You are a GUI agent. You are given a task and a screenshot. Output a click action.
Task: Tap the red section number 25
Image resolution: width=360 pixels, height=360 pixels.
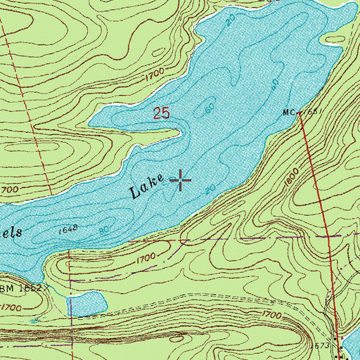pos(161,112)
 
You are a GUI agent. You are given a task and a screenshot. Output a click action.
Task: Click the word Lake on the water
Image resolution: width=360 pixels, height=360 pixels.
pos(148,187)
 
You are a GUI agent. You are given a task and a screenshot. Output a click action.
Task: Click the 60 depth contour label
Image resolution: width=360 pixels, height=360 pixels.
pos(208,110)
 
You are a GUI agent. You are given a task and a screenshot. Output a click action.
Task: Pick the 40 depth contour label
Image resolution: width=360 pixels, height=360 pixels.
pos(274,84)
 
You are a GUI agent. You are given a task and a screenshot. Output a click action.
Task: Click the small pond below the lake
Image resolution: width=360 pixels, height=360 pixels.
pos(87,304)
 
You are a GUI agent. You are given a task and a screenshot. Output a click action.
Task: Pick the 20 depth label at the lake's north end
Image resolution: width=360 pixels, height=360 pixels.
pos(231,22)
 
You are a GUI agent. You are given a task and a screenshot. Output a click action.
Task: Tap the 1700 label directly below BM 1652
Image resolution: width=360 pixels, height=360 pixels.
pos(10,307)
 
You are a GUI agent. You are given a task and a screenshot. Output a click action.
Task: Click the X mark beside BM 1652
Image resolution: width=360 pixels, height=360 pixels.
pos(51,288)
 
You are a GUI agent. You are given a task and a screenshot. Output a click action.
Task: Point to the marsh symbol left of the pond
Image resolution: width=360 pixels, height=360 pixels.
pos(34,321)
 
